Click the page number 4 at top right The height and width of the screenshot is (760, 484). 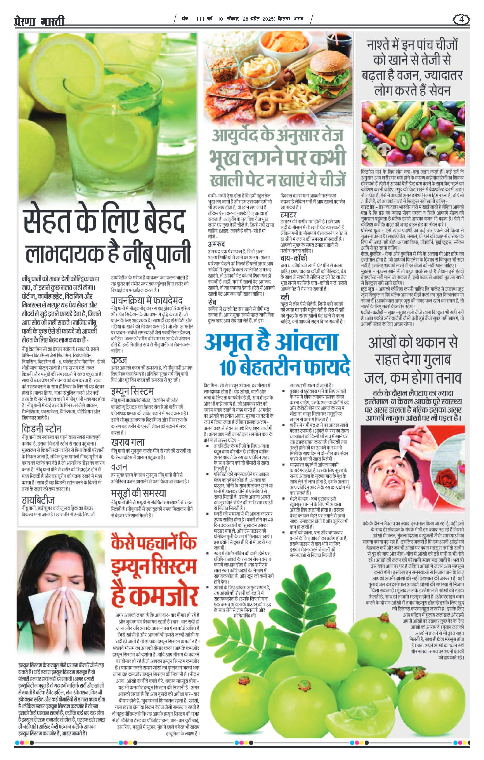click(461, 20)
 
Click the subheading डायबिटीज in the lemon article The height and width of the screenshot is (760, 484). click(38, 500)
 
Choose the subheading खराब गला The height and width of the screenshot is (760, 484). click(128, 442)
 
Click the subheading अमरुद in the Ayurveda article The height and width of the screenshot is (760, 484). click(216, 244)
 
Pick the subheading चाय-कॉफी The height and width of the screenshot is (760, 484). click(294, 258)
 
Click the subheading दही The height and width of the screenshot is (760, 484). click(285, 297)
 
